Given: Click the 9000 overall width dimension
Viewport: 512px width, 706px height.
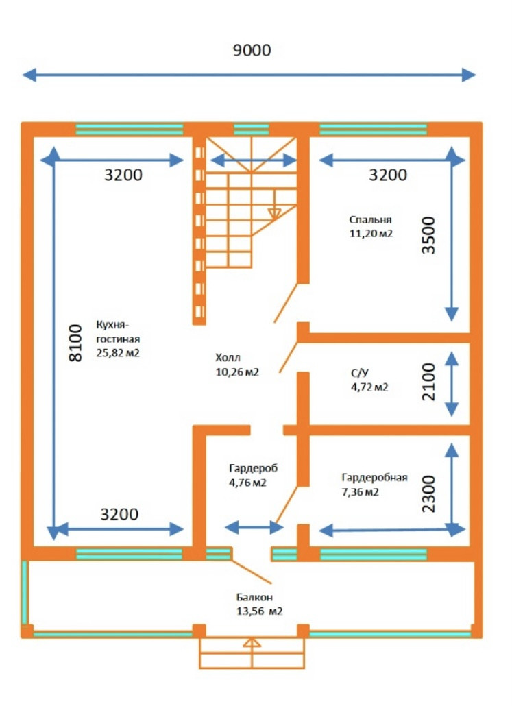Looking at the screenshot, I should click(x=252, y=51).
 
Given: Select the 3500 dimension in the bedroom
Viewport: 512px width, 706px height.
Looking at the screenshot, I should click(x=428, y=235).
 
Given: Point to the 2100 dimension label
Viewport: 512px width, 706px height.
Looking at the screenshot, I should click(x=428, y=382).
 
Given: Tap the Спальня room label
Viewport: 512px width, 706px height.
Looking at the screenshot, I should click(x=370, y=220).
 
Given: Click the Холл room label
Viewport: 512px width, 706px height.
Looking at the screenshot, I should click(x=228, y=358).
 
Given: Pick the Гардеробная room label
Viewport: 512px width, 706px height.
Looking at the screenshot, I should click(x=374, y=478).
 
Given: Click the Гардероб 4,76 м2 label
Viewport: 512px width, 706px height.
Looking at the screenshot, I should click(x=253, y=475).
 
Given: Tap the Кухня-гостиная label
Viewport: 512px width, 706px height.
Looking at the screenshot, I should click(x=118, y=332).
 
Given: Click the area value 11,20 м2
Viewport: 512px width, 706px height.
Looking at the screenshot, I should click(x=370, y=233).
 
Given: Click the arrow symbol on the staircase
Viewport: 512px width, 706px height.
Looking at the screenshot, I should click(x=274, y=213).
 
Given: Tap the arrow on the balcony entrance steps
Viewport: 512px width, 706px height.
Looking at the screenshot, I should click(x=252, y=644).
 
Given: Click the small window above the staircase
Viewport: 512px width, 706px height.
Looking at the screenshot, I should click(x=252, y=130).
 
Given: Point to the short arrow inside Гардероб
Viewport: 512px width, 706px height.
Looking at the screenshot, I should click(x=254, y=527).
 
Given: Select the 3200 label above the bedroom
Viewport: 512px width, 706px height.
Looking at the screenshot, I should click(x=388, y=175).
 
